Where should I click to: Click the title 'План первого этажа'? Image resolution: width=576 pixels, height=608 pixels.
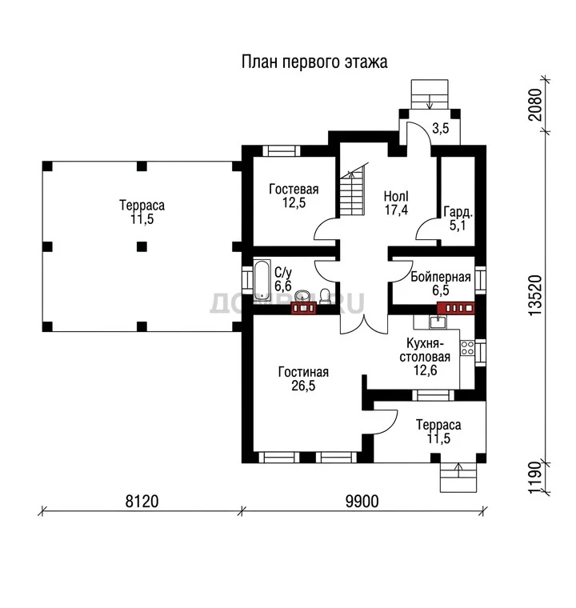pos(314,62)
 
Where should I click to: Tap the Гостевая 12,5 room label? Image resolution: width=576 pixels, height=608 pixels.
pos(294,195)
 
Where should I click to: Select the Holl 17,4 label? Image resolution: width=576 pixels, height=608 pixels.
pos(396,203)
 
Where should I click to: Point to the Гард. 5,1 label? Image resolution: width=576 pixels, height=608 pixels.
pos(458,218)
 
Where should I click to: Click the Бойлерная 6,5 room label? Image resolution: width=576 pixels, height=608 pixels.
pos(441,283)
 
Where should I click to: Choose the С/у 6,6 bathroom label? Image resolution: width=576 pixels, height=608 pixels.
pos(282,278)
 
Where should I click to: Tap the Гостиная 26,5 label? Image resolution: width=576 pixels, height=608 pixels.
pos(303,379)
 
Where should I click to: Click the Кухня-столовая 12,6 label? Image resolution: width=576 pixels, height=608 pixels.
pos(425,357)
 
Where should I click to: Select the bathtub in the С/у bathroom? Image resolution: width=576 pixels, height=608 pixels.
pos(262,280)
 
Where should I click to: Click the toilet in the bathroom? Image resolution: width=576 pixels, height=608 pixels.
pos(324,296)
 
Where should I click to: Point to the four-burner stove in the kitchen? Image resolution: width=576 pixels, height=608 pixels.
pos(467,348)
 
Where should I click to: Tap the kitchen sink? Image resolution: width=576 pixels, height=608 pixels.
pos(438,322)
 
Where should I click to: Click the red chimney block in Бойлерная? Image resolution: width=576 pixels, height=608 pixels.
pos(456,308)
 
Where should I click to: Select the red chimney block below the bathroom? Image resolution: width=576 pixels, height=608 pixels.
pos(304,308)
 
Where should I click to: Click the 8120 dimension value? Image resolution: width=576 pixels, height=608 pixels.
pos(142,502)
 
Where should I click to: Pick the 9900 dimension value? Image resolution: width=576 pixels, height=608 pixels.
pos(362,502)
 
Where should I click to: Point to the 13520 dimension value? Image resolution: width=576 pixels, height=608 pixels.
pos(535,294)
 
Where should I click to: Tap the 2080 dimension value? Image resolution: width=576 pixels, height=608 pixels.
pos(535,105)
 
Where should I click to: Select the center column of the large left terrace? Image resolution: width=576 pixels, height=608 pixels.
pos(142,246)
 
